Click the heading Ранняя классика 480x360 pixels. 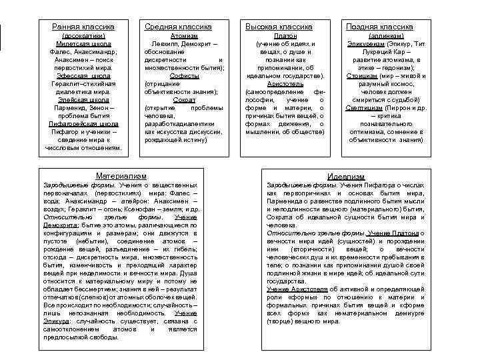point(83,26)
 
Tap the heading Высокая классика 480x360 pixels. point(279,26)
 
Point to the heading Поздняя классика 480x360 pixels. point(379,26)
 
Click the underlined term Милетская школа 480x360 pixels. point(84,43)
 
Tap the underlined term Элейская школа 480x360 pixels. point(84,99)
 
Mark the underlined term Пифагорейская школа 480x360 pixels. point(84,123)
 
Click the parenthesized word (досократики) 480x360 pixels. point(84,35)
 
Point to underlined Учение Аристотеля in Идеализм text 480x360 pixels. point(297,289)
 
